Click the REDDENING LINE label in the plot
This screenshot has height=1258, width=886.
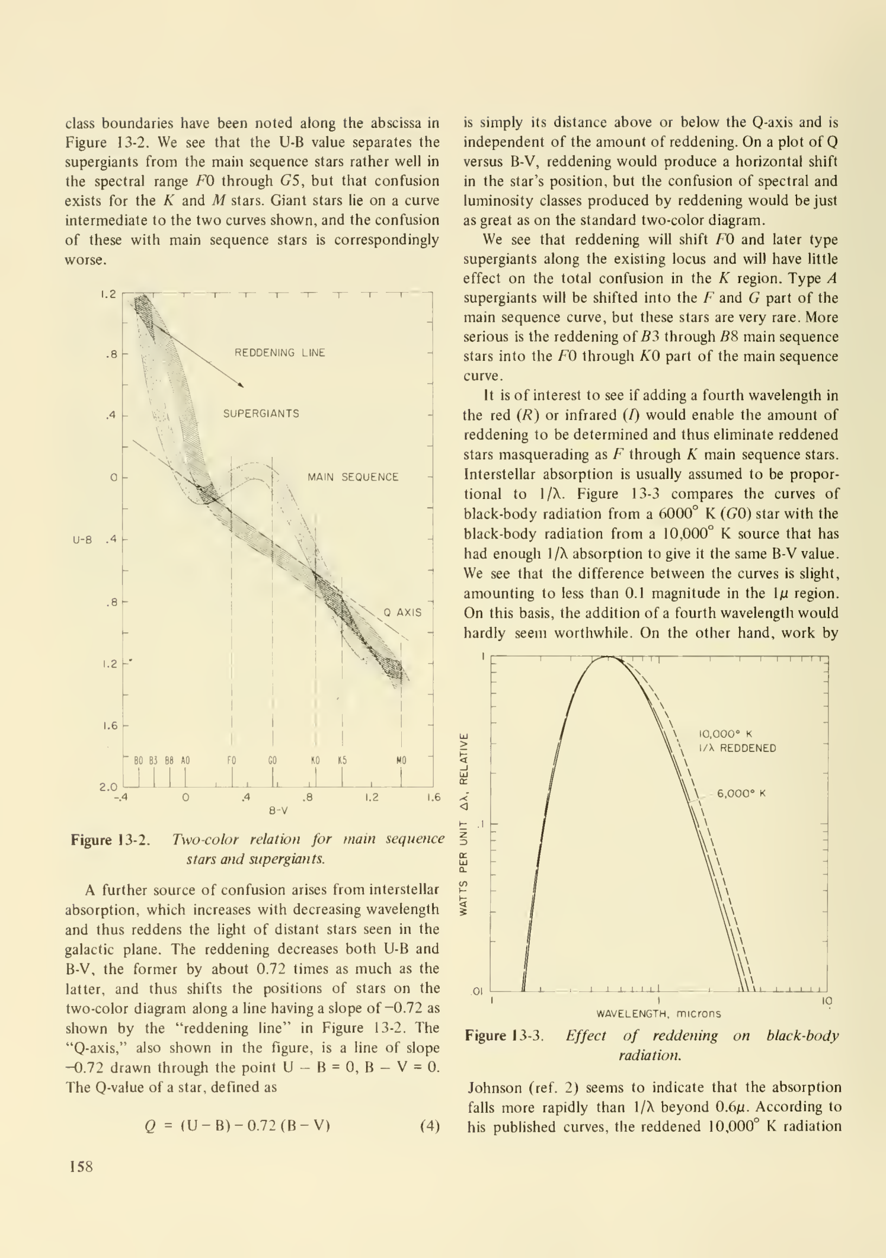(x=280, y=353)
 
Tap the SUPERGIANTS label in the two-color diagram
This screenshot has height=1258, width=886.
(x=261, y=414)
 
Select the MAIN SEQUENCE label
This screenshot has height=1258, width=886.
(x=353, y=477)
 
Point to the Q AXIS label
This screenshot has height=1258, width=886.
(x=403, y=612)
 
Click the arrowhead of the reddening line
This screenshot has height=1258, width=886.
(x=241, y=385)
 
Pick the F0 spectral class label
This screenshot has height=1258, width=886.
(x=232, y=760)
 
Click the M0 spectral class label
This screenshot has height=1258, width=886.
(x=401, y=760)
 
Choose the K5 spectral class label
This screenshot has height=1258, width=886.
(x=342, y=760)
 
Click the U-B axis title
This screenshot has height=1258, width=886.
(x=82, y=540)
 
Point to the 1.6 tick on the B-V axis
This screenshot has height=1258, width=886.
(x=434, y=798)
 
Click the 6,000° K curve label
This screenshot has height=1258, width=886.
(x=741, y=793)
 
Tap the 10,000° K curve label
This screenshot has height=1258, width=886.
(x=725, y=734)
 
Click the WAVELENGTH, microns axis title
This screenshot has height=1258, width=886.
(x=658, y=1014)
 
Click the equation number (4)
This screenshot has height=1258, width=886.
(x=430, y=1126)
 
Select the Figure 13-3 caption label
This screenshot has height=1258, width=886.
(x=504, y=1036)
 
